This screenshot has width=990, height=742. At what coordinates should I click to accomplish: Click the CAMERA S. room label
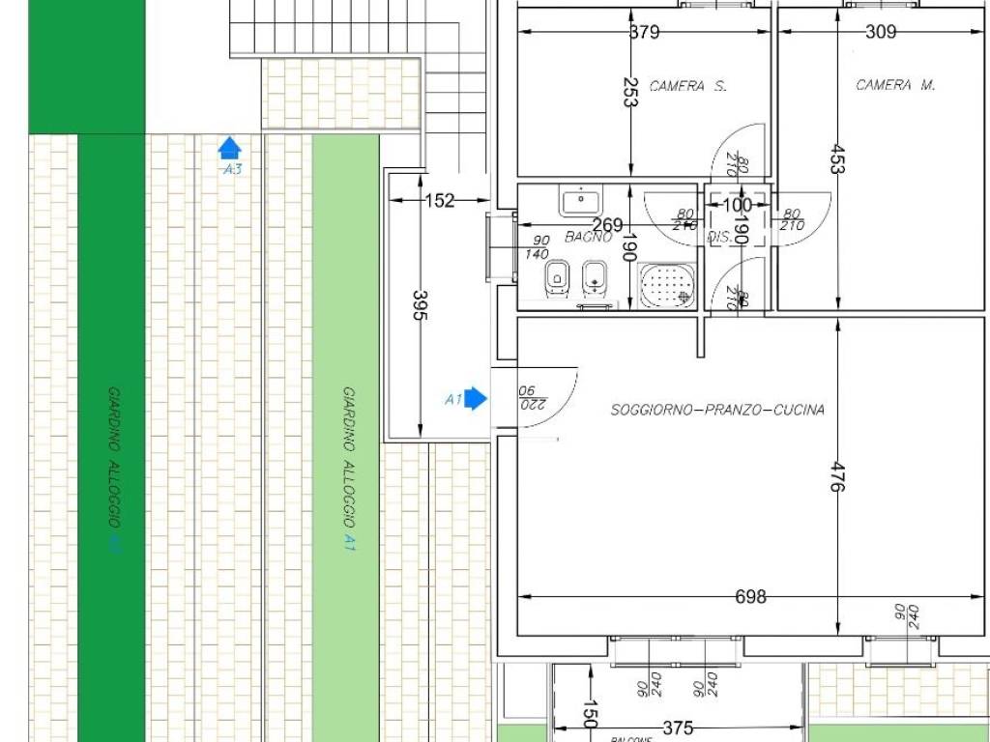tap(687, 86)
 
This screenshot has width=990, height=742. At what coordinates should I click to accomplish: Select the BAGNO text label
tap(589, 237)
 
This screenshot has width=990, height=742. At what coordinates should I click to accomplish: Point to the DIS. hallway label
tap(718, 237)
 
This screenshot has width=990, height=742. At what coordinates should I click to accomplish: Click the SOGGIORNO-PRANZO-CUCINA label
tap(717, 410)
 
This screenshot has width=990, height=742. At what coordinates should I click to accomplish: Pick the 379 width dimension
tap(644, 32)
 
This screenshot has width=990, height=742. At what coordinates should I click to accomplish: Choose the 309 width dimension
tap(880, 32)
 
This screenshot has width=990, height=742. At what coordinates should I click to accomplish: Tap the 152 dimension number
tap(440, 201)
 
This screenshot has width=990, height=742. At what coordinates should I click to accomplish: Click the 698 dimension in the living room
tap(750, 597)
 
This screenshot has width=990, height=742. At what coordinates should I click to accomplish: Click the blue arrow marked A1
tap(475, 399)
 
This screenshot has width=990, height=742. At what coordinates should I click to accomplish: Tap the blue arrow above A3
tap(229, 148)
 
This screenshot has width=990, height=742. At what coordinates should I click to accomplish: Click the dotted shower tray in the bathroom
tap(666, 286)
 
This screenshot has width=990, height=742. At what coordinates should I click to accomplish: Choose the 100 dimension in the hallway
tap(737, 205)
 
